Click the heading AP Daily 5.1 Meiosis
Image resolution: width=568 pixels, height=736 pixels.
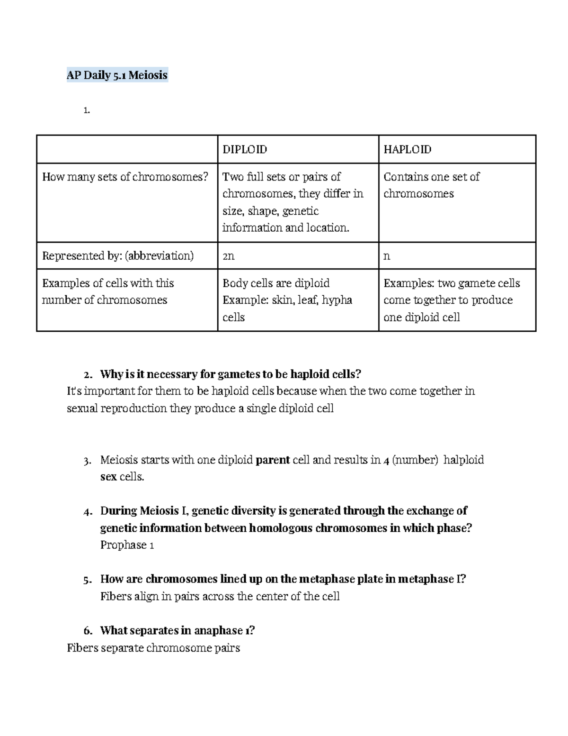[x=117, y=75]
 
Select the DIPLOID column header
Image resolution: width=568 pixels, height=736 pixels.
[x=245, y=149]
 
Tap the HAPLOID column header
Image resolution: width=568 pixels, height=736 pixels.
[x=407, y=149]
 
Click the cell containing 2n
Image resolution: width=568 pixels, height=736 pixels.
[x=229, y=256]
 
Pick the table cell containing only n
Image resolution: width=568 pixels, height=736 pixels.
[x=387, y=256]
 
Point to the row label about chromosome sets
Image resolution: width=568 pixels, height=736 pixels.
[x=125, y=177]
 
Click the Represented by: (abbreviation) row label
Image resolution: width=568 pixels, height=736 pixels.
[x=118, y=256]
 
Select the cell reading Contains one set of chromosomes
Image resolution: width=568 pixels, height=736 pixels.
[x=431, y=185]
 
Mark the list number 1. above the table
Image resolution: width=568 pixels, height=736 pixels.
[x=86, y=110]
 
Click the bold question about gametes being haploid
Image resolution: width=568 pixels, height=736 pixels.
[x=231, y=374]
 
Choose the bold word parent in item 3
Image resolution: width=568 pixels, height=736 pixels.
[x=272, y=460]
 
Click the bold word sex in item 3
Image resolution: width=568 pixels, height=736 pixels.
[x=108, y=477]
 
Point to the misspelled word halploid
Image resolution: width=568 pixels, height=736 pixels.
[x=463, y=460]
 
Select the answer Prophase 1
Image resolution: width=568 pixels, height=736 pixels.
[x=127, y=545]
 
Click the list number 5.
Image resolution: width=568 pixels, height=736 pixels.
[x=87, y=580]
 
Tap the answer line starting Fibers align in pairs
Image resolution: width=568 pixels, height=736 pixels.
[x=220, y=596]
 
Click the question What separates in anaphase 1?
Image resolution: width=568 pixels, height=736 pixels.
[x=177, y=630]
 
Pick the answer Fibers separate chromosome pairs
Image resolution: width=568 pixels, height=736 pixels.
[x=153, y=648]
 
